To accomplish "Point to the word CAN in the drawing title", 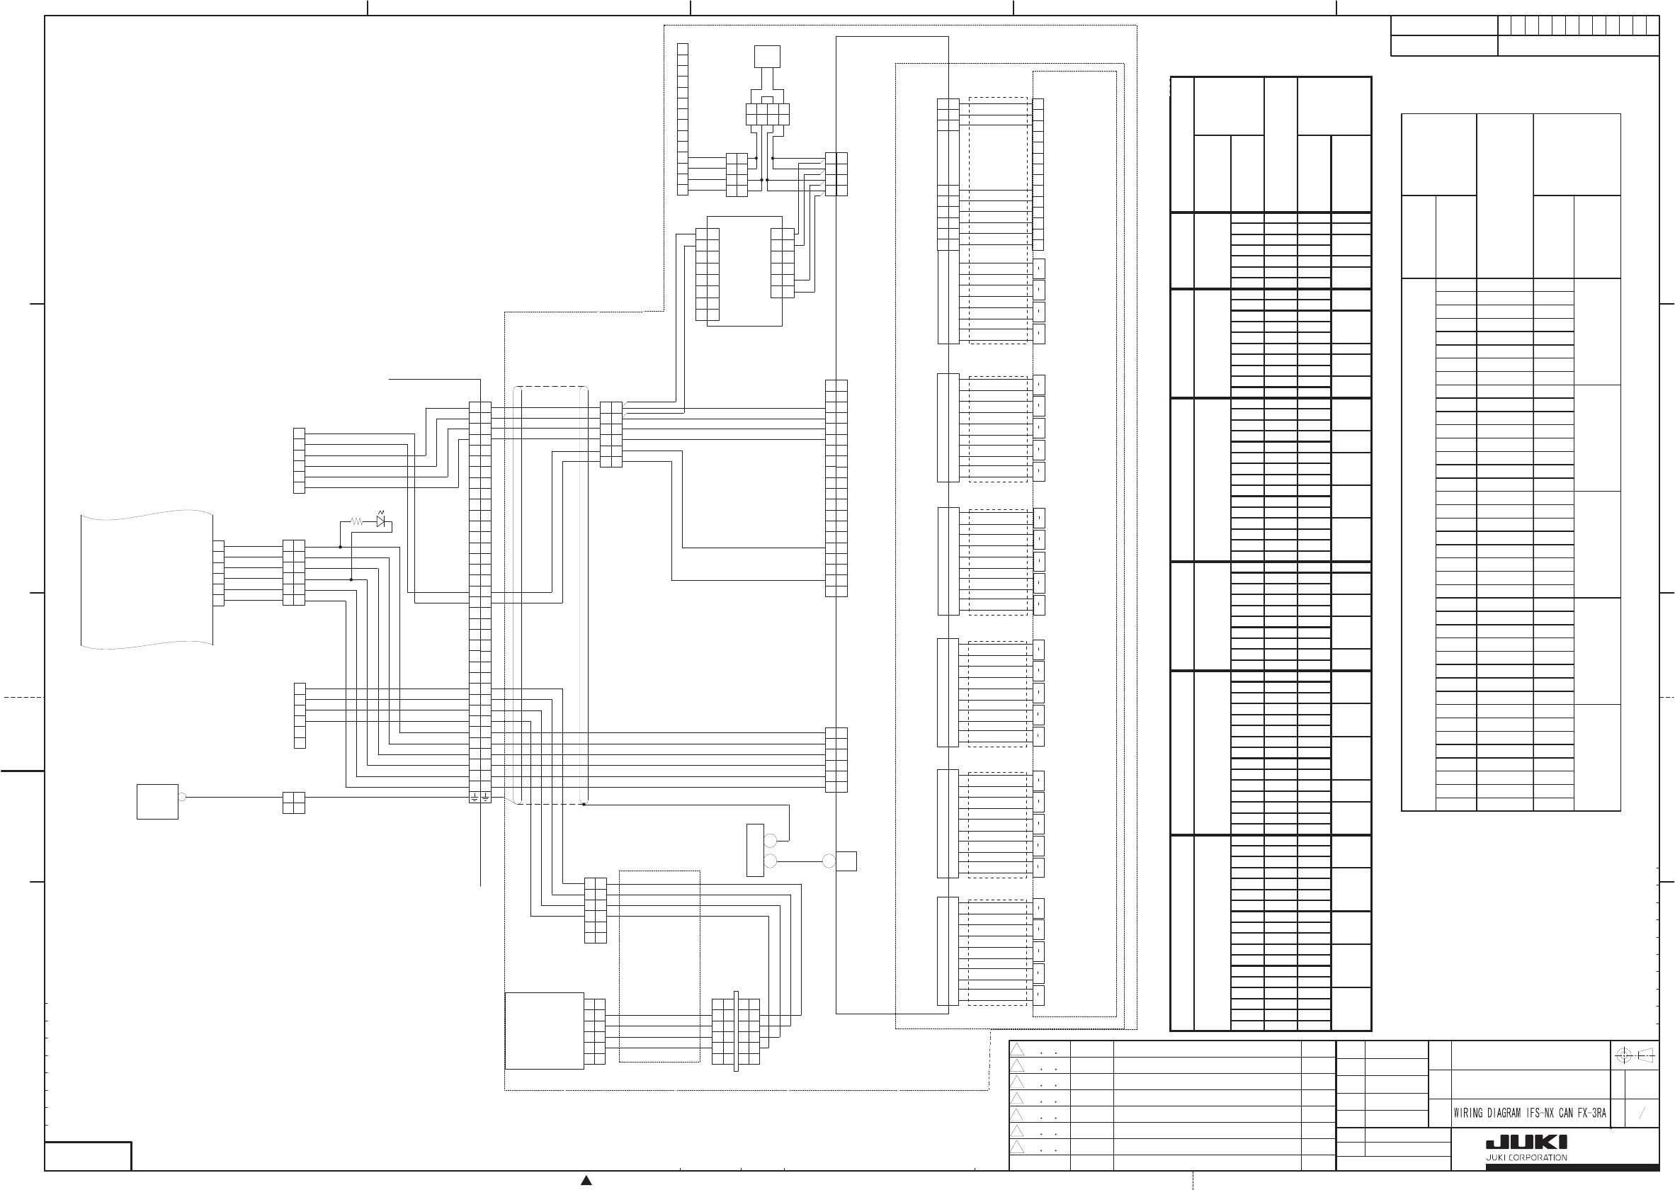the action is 1566,1113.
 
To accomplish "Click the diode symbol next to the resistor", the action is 381,522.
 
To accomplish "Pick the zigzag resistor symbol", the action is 357,522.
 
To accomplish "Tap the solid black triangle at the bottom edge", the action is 586,1181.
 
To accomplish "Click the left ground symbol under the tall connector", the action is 475,798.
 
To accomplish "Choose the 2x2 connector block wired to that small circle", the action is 293,803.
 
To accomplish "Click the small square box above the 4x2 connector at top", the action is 767,57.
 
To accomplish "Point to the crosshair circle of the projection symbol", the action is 1623,1056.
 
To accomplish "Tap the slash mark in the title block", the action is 1642,1113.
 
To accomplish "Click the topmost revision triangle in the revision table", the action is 1017,1049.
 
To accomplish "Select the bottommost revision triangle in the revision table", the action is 1017,1147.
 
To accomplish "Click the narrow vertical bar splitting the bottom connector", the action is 736,1031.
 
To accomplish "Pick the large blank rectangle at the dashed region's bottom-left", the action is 545,1031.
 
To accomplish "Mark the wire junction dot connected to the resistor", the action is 340,547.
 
